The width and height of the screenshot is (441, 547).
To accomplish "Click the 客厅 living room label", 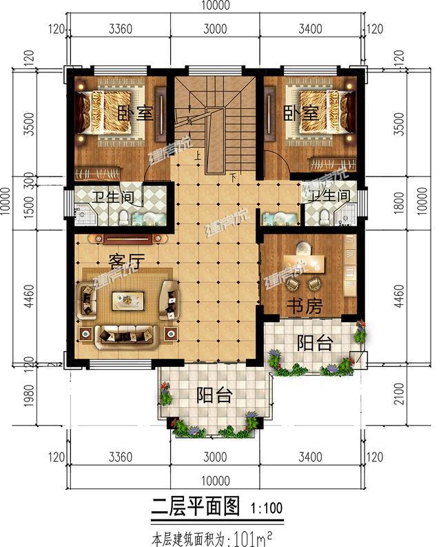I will tap(125, 261).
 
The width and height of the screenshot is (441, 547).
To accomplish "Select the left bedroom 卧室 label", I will tap(134, 114).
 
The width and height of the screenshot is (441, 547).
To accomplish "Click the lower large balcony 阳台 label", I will tap(214, 395).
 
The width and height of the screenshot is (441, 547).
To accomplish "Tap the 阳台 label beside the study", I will tap(314, 343).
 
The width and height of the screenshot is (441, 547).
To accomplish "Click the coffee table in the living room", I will tap(128, 299).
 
